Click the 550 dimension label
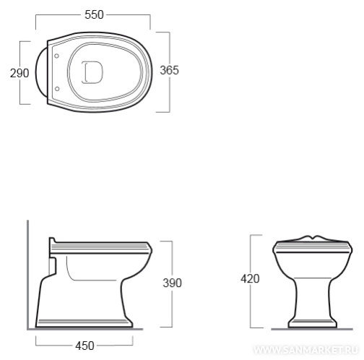94,14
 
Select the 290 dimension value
19,73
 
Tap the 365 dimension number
170,70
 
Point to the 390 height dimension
173,283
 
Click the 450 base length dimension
84,346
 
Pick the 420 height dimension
250,279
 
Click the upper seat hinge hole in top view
56,56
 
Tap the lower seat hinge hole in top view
57,89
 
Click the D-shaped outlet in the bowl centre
92,72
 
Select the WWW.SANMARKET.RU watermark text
305,350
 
